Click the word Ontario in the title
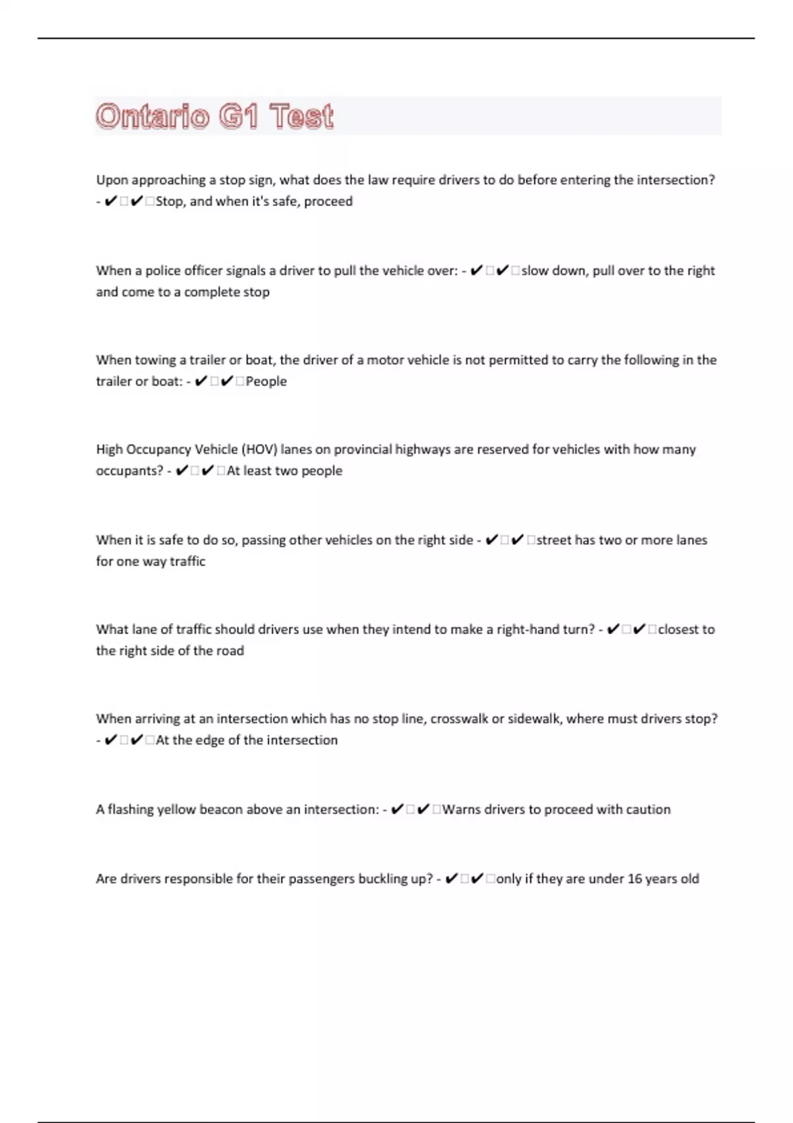coord(153,117)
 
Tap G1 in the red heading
coord(239,117)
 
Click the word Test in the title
coord(301,117)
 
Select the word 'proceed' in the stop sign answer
coord(328,201)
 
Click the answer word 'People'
coord(266,382)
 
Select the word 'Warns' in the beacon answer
coord(461,810)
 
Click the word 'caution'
coord(648,810)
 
